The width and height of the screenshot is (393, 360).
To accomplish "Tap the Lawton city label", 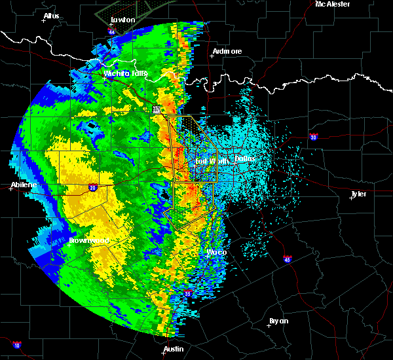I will click(x=122, y=20).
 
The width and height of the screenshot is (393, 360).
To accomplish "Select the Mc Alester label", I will click(x=333, y=4).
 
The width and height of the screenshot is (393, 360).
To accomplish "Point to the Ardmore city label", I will click(x=227, y=51).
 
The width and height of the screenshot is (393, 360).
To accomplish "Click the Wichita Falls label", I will click(x=126, y=73).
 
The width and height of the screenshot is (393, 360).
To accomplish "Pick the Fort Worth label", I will click(x=211, y=160).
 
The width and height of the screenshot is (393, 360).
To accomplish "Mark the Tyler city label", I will click(x=358, y=194).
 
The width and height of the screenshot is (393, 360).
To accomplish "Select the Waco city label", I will click(x=217, y=252).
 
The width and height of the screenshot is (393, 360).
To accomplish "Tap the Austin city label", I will click(x=174, y=349).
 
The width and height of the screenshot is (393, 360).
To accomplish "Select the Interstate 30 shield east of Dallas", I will click(x=314, y=137).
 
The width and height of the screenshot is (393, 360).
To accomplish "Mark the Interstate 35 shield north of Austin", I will click(x=187, y=293).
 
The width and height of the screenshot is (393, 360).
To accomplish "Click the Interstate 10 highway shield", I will click(x=16, y=345).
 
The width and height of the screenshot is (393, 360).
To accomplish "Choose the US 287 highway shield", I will click(x=157, y=110).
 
